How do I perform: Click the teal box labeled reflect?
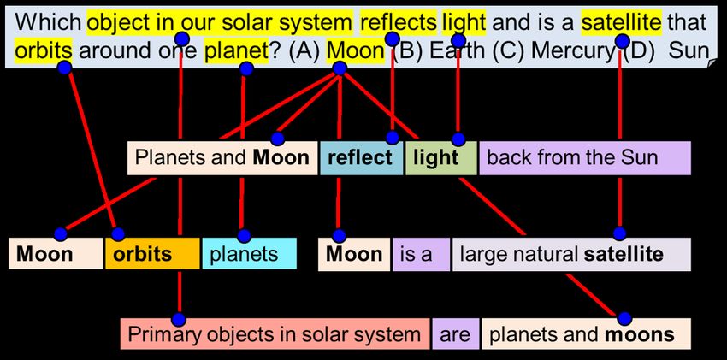click(x=361, y=158)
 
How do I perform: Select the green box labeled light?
click(x=441, y=158)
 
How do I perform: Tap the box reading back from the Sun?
click(x=585, y=158)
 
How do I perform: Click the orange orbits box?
click(x=152, y=253)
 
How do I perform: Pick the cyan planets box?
click(x=250, y=253)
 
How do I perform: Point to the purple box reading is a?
click(x=421, y=254)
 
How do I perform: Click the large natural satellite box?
click(x=571, y=254)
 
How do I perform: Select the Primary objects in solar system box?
click(x=275, y=333)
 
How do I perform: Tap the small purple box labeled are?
click(x=455, y=333)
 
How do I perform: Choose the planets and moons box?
click(x=586, y=333)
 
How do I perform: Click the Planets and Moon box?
click(x=222, y=158)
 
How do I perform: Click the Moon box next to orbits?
click(x=56, y=253)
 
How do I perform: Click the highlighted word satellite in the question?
click(x=622, y=21)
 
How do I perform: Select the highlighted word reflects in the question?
click(x=399, y=21)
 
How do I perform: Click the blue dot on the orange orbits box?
click(x=118, y=234)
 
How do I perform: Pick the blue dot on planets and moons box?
click(x=624, y=318)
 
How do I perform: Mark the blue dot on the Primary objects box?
click(x=179, y=319)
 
